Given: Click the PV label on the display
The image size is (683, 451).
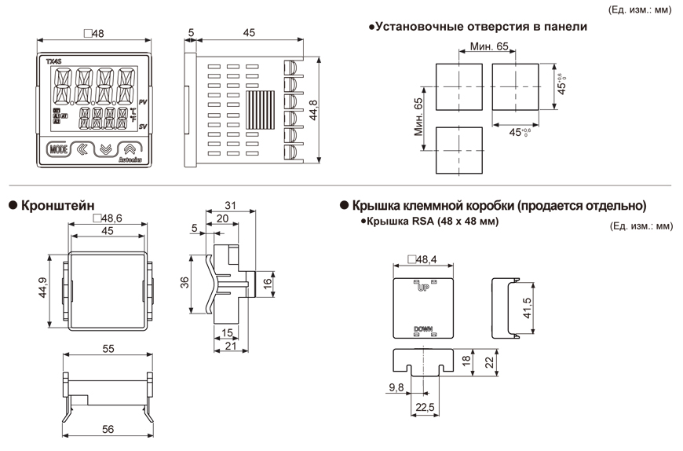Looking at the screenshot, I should coord(143,103).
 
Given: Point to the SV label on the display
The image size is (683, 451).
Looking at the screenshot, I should coord(143,126).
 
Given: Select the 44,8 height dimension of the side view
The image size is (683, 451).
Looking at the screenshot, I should coord(315,110).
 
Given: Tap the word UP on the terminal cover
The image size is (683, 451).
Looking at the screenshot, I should coord(424,288).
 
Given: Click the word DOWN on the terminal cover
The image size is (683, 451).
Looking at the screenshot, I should coord(423,329).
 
